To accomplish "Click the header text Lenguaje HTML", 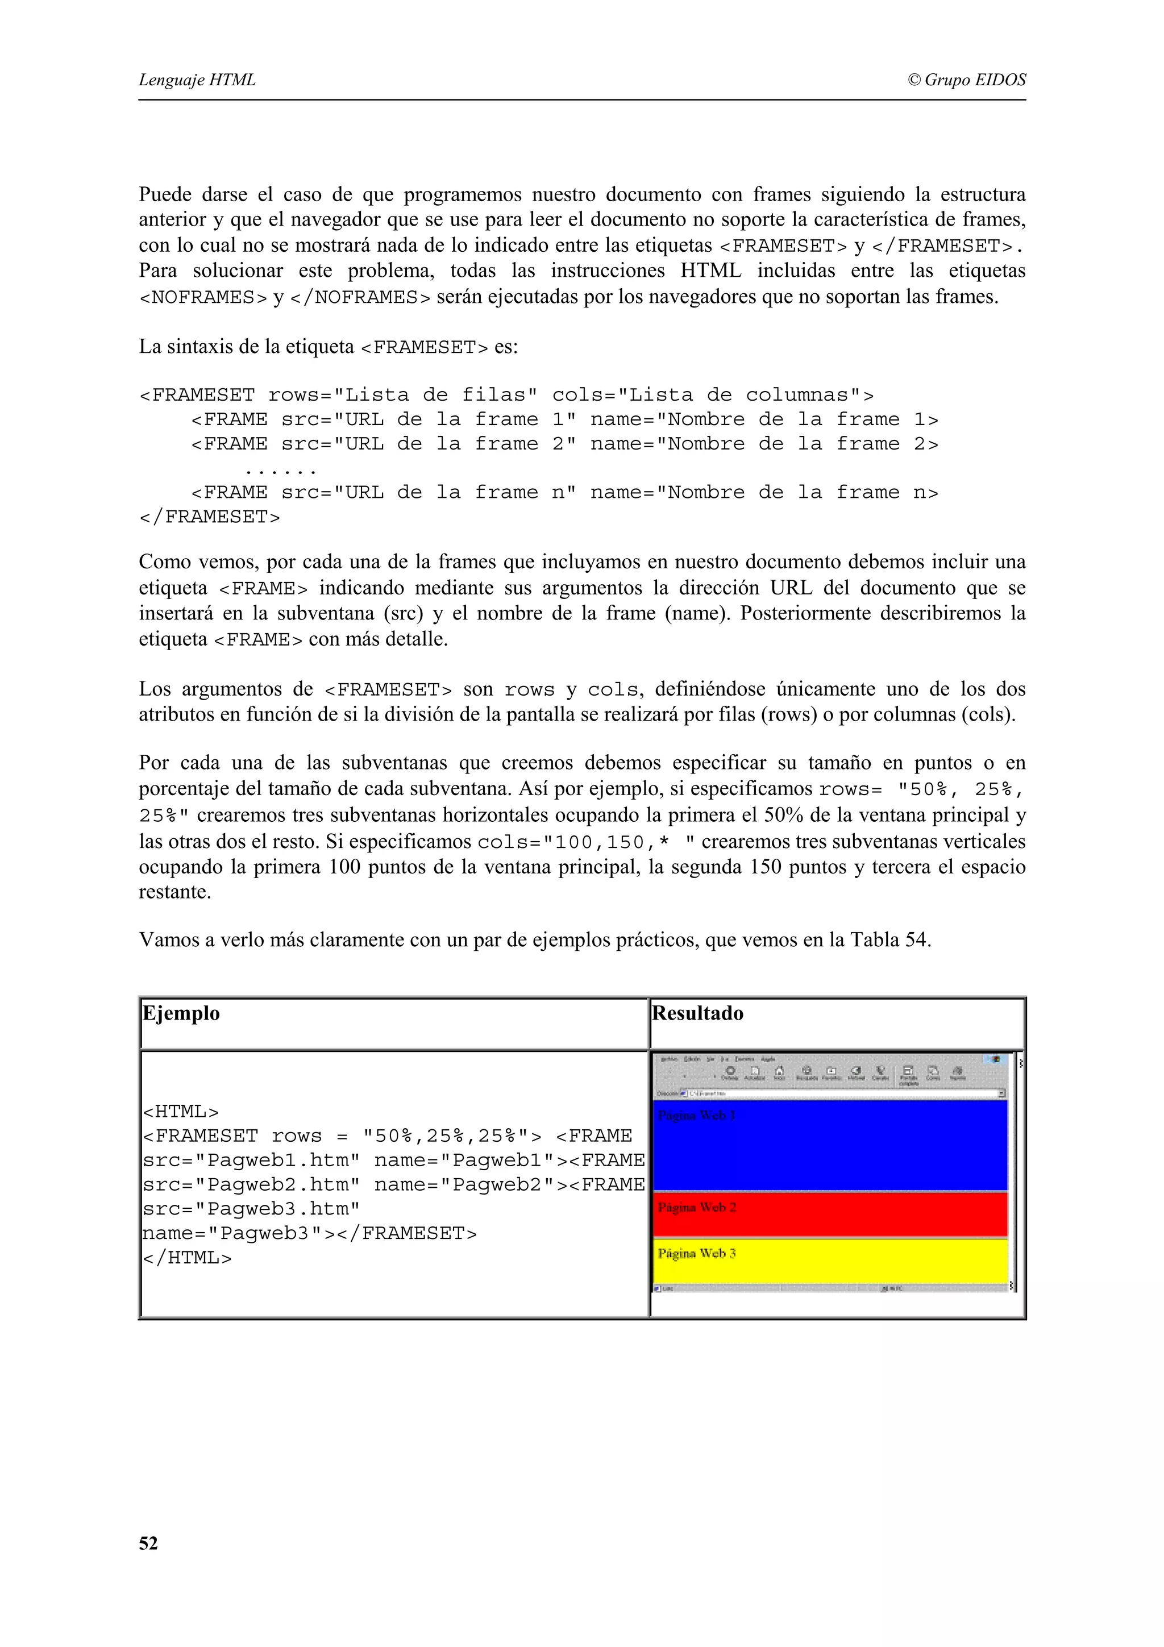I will click(x=197, y=80).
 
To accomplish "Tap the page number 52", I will click(x=148, y=1544).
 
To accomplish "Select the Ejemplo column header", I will click(x=181, y=1013).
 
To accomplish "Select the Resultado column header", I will click(x=697, y=1013).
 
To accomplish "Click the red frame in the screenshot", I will click(x=830, y=1215).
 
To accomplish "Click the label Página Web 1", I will click(x=696, y=1116).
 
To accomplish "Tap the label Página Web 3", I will click(x=696, y=1253).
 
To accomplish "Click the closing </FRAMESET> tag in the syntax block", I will click(x=209, y=517).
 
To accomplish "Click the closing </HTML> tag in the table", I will click(x=187, y=1258).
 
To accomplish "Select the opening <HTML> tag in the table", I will click(x=181, y=1112).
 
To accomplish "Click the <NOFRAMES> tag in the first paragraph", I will click(x=203, y=297).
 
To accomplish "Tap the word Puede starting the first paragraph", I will click(x=165, y=194).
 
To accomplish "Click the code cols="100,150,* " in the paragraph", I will click(x=584, y=842).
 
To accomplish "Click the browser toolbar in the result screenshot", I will click(x=830, y=1073).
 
